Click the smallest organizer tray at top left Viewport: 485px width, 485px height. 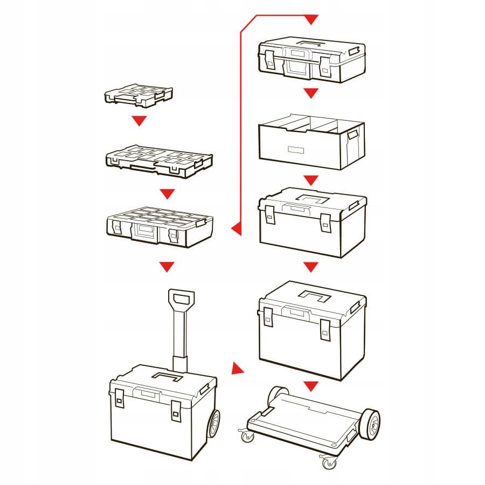138,95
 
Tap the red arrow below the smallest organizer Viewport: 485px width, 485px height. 140,121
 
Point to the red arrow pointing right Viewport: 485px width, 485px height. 237,369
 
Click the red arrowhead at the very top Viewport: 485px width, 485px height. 310,20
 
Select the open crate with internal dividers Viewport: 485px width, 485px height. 311,141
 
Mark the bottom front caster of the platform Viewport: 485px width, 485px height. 327,461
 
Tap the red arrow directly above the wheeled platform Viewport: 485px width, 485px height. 310,386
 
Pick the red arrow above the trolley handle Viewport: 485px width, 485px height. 167,266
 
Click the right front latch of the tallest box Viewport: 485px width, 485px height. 325,330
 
